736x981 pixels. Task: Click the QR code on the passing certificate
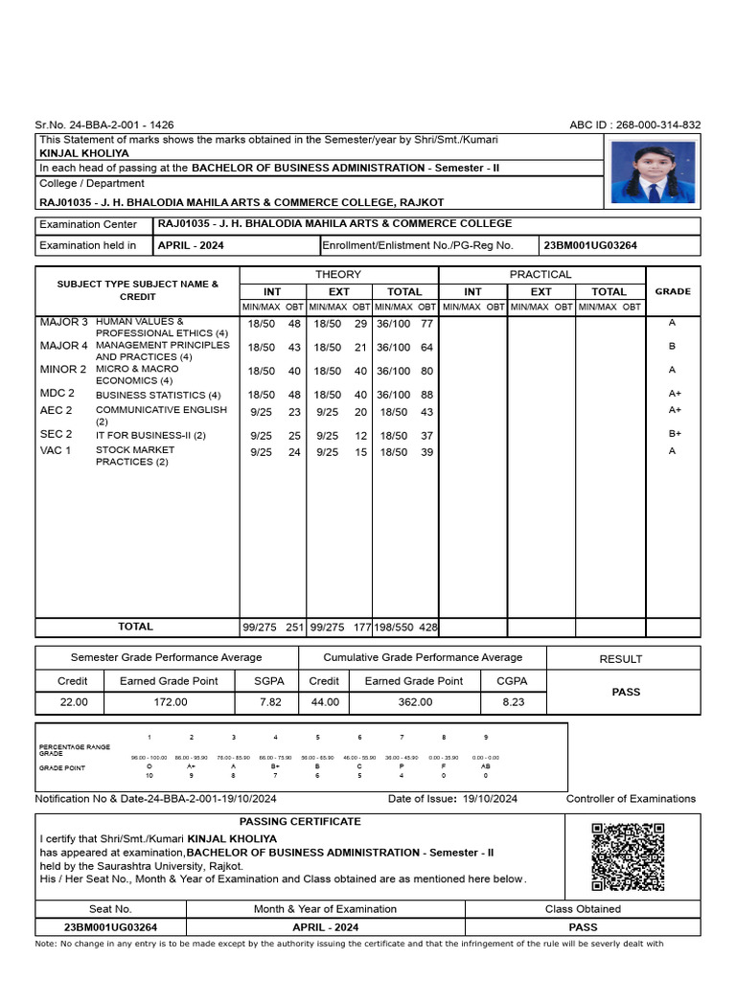click(x=628, y=856)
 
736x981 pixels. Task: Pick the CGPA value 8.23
click(x=514, y=702)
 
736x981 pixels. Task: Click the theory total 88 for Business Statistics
click(x=426, y=395)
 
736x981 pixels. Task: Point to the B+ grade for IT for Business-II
click(x=674, y=434)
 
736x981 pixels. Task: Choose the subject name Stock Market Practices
click(x=134, y=456)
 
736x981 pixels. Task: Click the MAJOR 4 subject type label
click(x=63, y=346)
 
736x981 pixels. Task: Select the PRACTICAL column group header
click(x=541, y=274)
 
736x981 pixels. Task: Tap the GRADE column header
click(x=673, y=291)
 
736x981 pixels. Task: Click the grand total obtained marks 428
click(x=427, y=627)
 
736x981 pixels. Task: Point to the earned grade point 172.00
click(x=168, y=702)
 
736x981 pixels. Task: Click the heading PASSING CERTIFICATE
click(x=300, y=822)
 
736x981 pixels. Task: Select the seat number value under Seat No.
click(x=110, y=926)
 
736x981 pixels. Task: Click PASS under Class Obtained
click(x=583, y=926)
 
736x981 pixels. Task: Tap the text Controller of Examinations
click(x=631, y=799)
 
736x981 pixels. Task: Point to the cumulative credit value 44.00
click(x=325, y=702)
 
